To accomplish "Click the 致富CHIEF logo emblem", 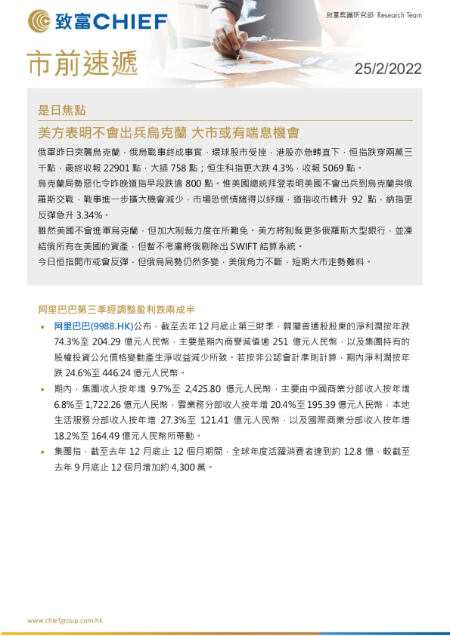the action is click(38, 20).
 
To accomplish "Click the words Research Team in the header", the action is click(398, 15).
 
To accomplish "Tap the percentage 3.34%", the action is click(84, 215).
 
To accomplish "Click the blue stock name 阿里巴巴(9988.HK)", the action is click(93, 326).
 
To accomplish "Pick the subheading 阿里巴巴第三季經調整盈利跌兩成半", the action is click(117, 309).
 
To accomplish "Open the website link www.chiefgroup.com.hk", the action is click(64, 620).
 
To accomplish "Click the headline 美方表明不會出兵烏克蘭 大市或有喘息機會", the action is click(169, 132).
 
